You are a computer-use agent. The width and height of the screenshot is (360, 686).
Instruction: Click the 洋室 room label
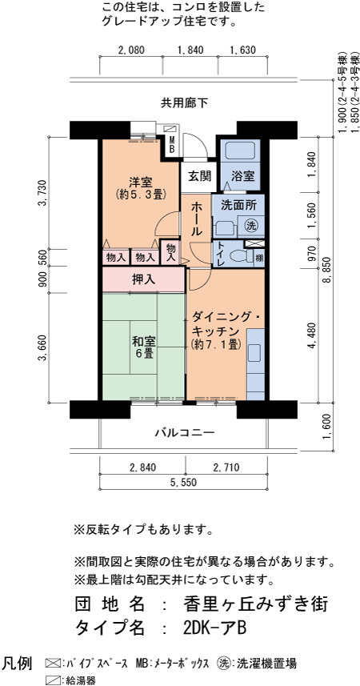click(x=141, y=181)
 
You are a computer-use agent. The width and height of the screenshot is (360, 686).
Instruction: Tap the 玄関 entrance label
click(x=200, y=176)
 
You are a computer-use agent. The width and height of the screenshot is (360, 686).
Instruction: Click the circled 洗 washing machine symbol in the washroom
click(x=250, y=226)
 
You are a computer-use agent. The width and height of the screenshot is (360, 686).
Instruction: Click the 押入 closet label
click(x=144, y=279)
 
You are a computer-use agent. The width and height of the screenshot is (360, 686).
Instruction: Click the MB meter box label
click(x=172, y=144)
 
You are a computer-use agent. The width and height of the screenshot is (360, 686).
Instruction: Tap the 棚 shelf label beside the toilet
click(x=259, y=258)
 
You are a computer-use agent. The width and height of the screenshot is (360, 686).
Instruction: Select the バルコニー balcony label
click(x=185, y=433)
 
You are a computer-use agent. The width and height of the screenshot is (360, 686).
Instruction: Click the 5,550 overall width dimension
click(x=184, y=483)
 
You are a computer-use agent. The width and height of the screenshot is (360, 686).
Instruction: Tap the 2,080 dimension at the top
click(x=130, y=50)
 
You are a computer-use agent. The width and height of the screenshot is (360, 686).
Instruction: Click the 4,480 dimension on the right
click(x=313, y=335)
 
